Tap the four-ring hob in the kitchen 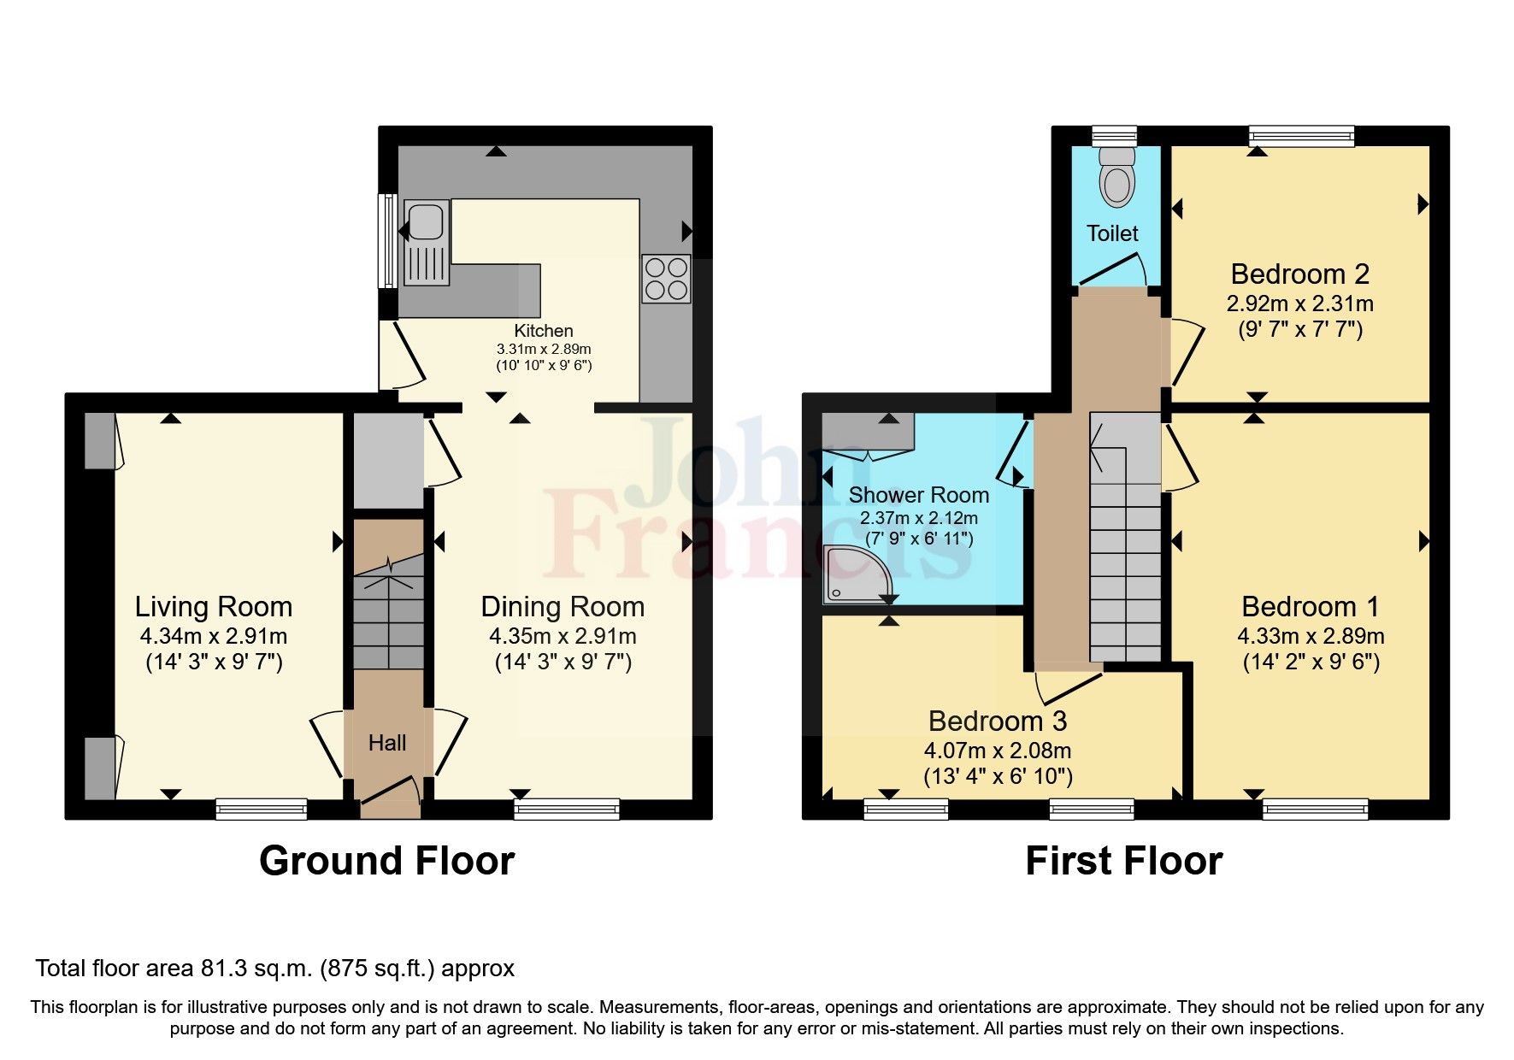666,279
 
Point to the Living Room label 214,607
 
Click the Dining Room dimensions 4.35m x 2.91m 563,636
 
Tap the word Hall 387,743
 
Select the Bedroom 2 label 1299,274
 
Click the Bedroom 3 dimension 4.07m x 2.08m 998,751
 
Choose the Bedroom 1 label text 1310,607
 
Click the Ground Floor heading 386,861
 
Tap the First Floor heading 1123,861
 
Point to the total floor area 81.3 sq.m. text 274,969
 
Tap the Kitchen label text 544,331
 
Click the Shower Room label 918,495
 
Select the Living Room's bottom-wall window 261,808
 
